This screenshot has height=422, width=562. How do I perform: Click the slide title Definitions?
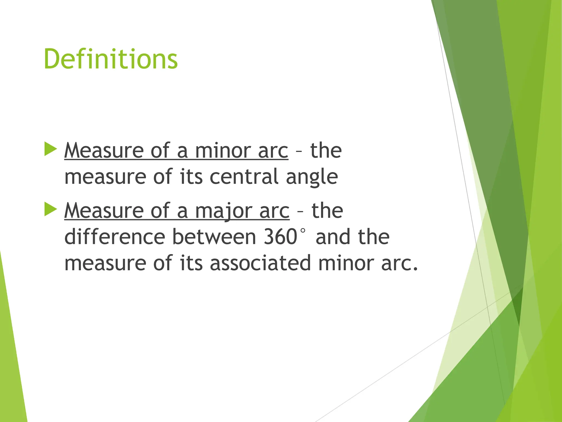point(111,59)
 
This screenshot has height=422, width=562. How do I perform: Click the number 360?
point(280,237)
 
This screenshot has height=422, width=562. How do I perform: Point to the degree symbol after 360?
point(303,231)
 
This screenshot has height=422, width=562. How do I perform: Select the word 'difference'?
point(115,237)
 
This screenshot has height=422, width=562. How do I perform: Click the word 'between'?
point(214,237)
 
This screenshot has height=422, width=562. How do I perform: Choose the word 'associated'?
point(260,263)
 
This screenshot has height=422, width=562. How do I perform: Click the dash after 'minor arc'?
point(299,151)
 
